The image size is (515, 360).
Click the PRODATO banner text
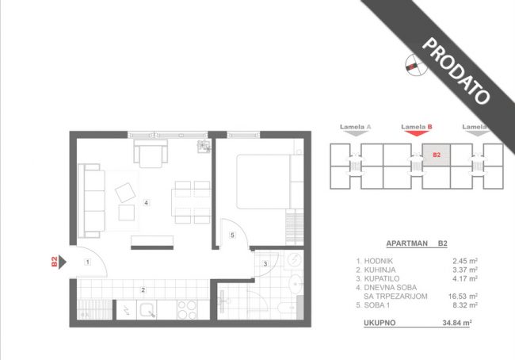[456, 71]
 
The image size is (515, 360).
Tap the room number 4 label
[146, 203]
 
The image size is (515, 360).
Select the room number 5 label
[232, 235]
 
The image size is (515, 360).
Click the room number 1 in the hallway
[87, 262]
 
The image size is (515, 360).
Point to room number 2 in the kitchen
[143, 290]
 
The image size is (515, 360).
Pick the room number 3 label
[265, 264]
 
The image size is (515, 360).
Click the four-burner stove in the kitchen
[187, 310]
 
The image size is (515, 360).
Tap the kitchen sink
[147, 310]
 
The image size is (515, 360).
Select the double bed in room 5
[269, 182]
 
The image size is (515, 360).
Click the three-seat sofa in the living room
[92, 201]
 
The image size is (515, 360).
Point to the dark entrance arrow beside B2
[63, 262]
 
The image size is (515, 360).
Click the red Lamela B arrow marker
[417, 133]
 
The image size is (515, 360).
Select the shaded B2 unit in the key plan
[437, 155]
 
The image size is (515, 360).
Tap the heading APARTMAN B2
[417, 243]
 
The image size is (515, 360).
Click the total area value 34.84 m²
[457, 323]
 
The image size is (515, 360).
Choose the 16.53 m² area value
[463, 297]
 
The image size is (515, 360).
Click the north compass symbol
[416, 64]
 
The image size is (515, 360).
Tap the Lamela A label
[356, 127]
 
